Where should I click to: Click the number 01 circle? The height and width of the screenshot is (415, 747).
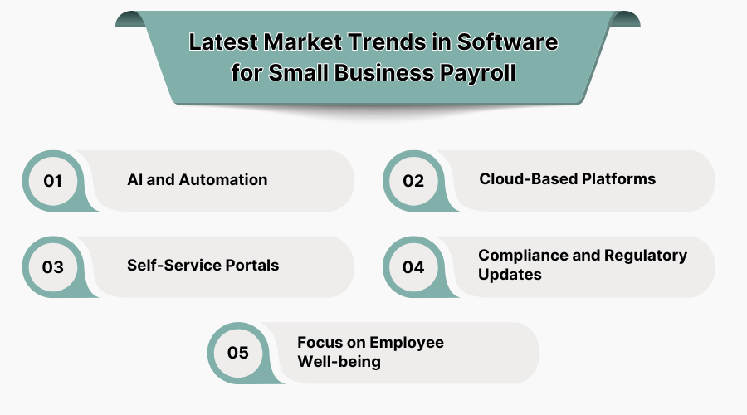[x=53, y=181]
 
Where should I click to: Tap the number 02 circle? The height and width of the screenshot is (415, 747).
[x=413, y=181]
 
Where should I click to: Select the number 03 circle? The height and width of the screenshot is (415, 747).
[x=53, y=267]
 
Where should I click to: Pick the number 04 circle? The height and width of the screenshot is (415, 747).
[x=413, y=267]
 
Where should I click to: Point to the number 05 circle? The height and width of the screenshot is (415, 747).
[x=238, y=353]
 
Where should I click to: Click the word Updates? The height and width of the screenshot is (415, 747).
[x=510, y=275]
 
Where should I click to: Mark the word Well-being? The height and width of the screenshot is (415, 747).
[x=339, y=362]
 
